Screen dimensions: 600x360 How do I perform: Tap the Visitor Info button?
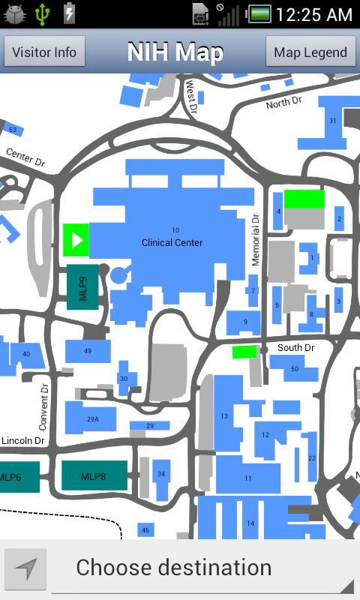point(44,52)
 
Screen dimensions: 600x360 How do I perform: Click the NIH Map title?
point(175,52)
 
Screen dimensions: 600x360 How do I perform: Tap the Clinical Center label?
point(172,242)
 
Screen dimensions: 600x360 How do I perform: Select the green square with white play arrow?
point(76,240)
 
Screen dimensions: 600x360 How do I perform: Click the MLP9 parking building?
point(82,286)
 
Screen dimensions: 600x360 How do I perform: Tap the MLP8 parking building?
point(94,475)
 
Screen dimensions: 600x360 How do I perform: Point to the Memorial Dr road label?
point(255,240)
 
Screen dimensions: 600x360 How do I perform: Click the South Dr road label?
point(295,347)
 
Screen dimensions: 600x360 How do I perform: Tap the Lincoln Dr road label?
point(22,440)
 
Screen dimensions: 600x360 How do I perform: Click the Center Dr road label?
point(25,157)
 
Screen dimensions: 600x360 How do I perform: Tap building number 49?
point(88,351)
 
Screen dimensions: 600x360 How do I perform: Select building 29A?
point(92,418)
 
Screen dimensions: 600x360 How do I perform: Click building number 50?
point(294,368)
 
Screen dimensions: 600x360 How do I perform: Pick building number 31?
point(332,121)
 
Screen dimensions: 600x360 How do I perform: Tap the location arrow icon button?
point(26,569)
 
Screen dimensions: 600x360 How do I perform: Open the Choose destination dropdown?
point(202,568)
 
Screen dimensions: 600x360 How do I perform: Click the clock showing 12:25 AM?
point(313,14)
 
